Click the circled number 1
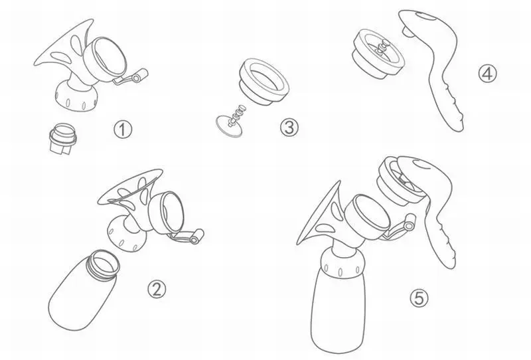pyautogui.click(x=122, y=130)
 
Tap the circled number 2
pyautogui.click(x=157, y=290)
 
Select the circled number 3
pyautogui.click(x=289, y=127)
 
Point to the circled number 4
pyautogui.click(x=487, y=74)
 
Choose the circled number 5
pyautogui.click(x=419, y=298)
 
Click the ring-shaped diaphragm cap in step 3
pyautogui.click(x=264, y=81)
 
